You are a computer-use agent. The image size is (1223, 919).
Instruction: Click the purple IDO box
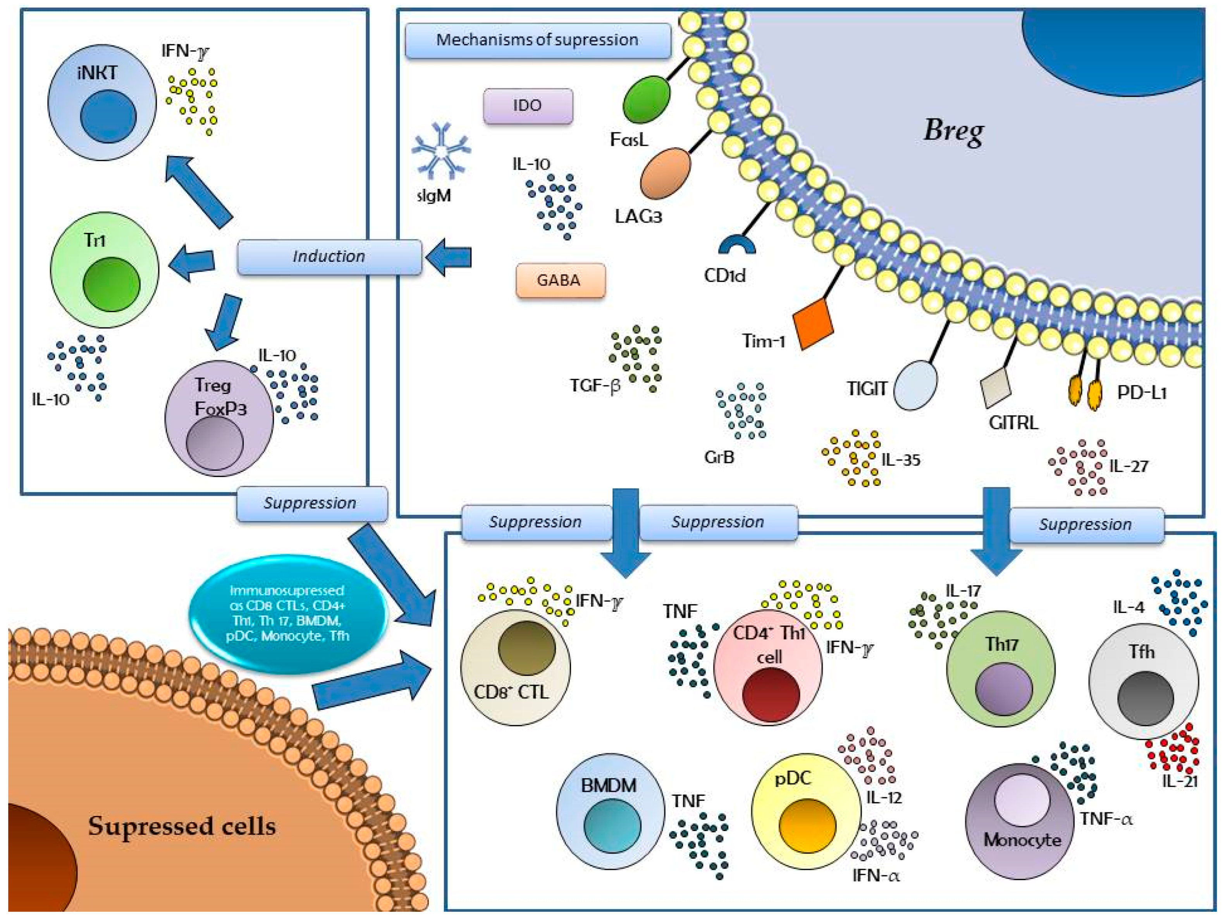(528, 106)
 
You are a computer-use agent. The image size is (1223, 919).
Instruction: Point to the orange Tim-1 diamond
(813, 324)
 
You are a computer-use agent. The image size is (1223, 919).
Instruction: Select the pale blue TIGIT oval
(915, 385)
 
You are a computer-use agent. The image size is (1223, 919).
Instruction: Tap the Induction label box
(329, 256)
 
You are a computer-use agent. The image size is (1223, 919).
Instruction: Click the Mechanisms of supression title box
(537, 40)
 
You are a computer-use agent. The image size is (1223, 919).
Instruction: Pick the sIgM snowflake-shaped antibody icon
(440, 150)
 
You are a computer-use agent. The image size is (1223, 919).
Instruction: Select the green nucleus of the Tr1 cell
(111, 285)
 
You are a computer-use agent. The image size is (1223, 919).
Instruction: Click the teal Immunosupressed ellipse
(287, 613)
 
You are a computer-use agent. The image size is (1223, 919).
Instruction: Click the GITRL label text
(1013, 423)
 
